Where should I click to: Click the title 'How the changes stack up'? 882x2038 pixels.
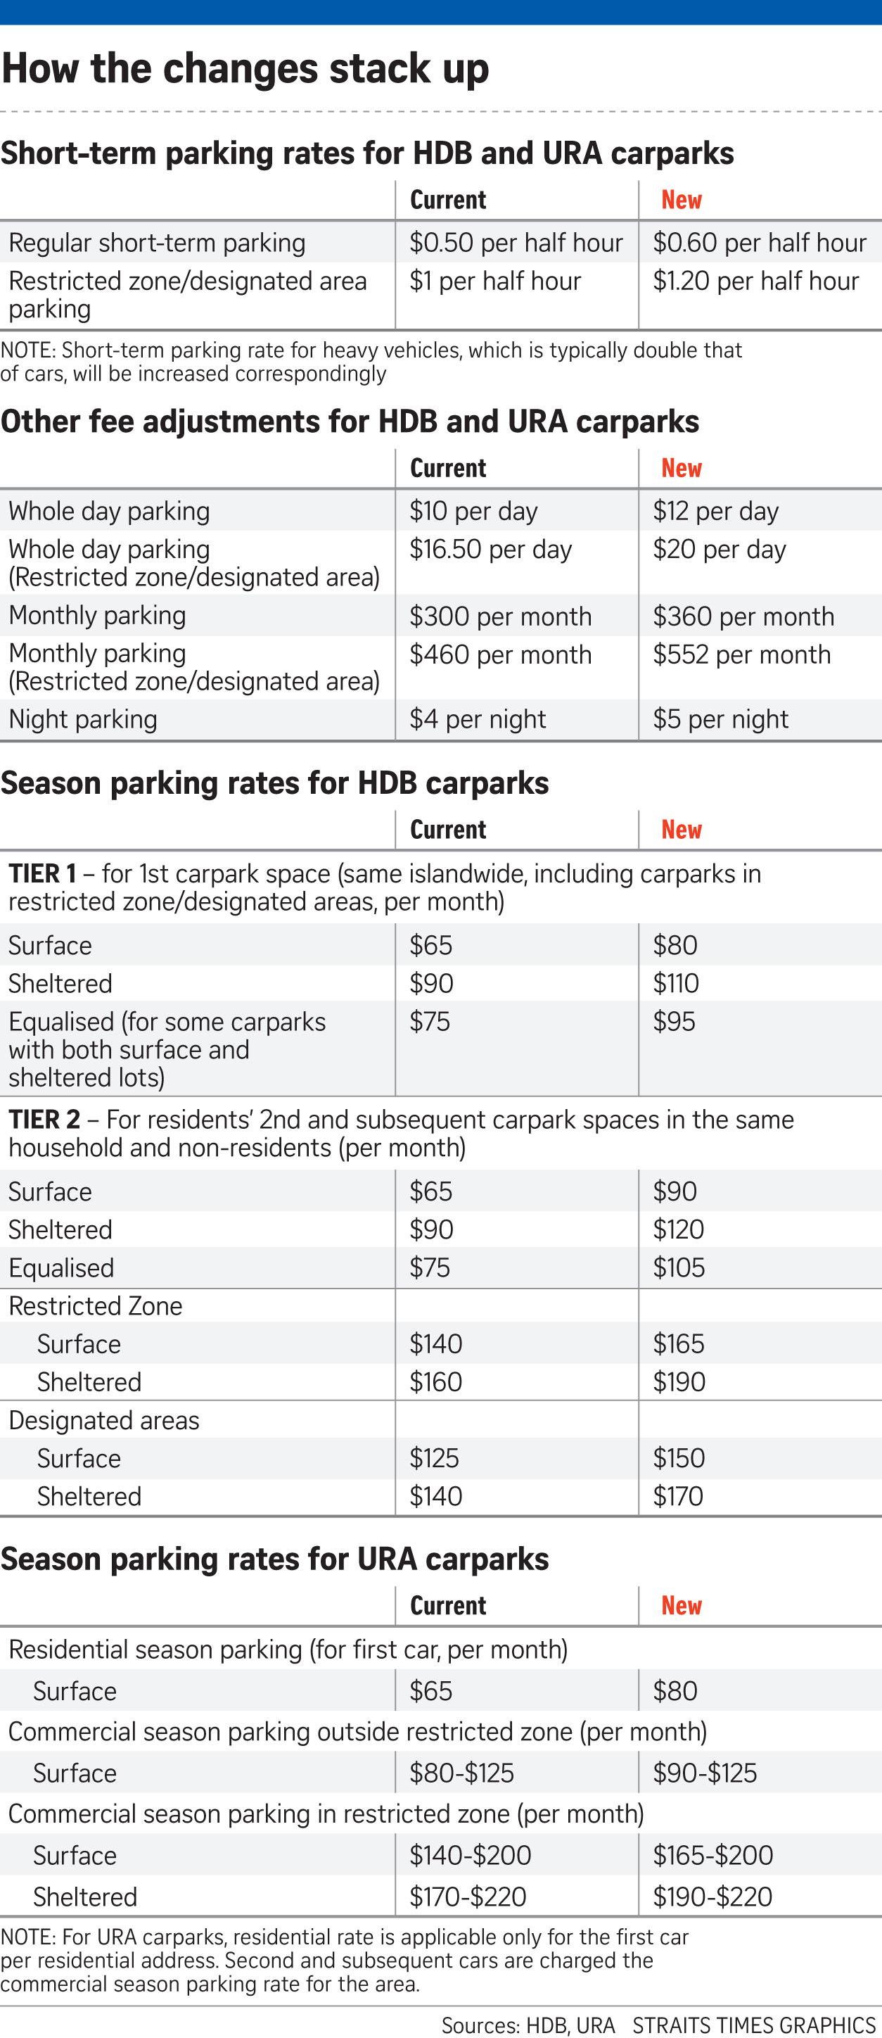tap(245, 68)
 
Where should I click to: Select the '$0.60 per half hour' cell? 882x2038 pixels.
tap(760, 243)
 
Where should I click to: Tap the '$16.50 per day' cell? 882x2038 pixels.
tap(490, 550)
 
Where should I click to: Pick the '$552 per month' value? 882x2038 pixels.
tap(741, 655)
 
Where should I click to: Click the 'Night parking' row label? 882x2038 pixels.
tap(83, 719)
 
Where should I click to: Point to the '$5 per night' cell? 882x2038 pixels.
tap(720, 719)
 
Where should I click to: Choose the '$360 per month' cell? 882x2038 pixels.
tap(743, 616)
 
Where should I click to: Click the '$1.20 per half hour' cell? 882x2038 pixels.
tap(755, 281)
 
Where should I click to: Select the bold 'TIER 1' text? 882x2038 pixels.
tap(43, 873)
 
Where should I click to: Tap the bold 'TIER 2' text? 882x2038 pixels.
tap(44, 1120)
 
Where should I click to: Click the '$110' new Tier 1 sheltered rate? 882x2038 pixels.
tap(675, 983)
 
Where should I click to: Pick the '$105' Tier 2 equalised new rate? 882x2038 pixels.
tap(678, 1267)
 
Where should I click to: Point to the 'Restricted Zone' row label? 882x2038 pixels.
tap(96, 1305)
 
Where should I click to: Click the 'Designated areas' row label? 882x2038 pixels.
tap(103, 1420)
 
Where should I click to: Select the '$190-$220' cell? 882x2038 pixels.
tap(712, 1897)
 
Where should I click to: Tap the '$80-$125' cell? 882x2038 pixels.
tap(461, 1773)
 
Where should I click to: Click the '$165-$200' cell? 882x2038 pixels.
tap(712, 1855)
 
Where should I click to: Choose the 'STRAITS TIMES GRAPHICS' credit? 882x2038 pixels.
tap(754, 2025)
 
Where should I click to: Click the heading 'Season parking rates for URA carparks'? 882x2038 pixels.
tap(274, 1559)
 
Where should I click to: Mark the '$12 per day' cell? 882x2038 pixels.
tap(715, 511)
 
